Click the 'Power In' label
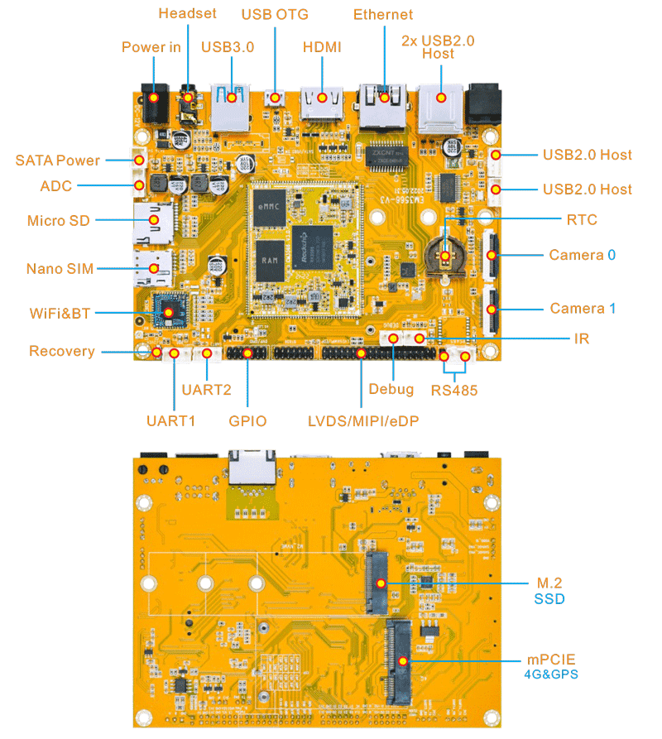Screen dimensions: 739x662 pyautogui.click(x=151, y=46)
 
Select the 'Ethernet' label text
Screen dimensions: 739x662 pyautogui.click(x=383, y=14)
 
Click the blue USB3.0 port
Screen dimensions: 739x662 pyautogui.click(x=231, y=103)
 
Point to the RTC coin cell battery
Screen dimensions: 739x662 pyautogui.click(x=446, y=255)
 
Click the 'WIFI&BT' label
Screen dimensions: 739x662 pyautogui.click(x=59, y=314)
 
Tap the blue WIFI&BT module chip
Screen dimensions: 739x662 pyautogui.click(x=169, y=313)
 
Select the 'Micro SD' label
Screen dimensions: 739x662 pyautogui.click(x=58, y=220)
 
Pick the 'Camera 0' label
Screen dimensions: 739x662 pyautogui.click(x=582, y=255)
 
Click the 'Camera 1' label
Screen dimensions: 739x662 pyautogui.click(x=583, y=309)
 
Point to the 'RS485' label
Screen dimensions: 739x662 pyautogui.click(x=453, y=390)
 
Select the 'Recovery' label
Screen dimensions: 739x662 pyautogui.click(x=62, y=351)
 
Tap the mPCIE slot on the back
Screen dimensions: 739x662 pyautogui.click(x=401, y=661)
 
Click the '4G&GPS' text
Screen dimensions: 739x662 pyautogui.click(x=550, y=674)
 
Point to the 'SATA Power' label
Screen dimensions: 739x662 pyautogui.click(x=57, y=160)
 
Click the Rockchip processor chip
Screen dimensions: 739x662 pyautogui.click(x=313, y=244)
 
